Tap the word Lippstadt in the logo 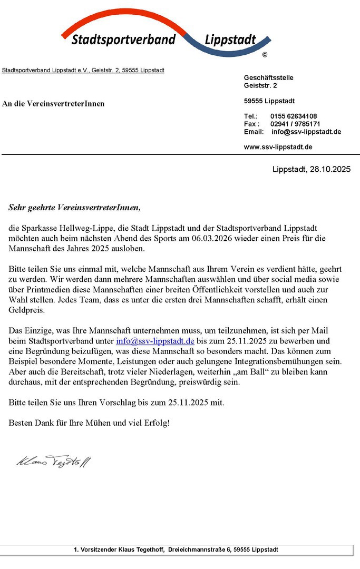tap(230, 40)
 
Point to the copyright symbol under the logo tap(265, 55)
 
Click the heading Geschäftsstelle tap(269, 77)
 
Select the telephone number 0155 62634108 tap(294, 116)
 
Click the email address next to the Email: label tap(306, 132)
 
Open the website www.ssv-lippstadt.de tap(278, 147)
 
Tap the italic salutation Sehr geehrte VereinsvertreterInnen tap(75, 208)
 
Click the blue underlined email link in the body tap(155, 341)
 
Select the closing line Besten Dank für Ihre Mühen tap(89, 423)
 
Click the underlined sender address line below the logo tap(83, 70)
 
